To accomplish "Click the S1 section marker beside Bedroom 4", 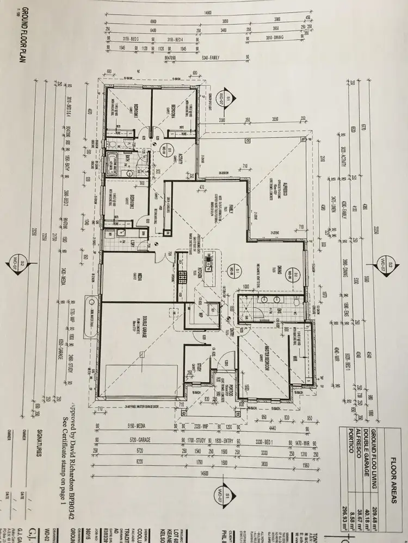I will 227,99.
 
